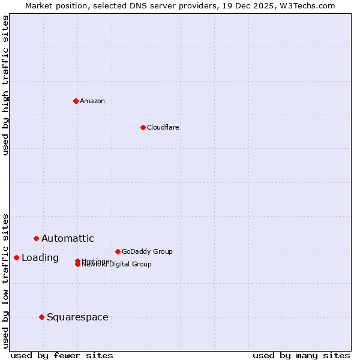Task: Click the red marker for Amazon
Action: (76, 101)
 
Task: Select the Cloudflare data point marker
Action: (143, 127)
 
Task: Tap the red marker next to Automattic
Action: (36, 238)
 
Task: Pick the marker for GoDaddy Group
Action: (118, 251)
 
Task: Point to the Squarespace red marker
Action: (41, 317)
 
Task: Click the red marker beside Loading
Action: (16, 257)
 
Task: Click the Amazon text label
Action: (92, 101)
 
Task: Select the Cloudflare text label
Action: (163, 127)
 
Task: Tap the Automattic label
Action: (68, 238)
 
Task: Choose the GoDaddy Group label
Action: (147, 251)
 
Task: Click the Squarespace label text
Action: (77, 317)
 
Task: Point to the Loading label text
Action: (40, 257)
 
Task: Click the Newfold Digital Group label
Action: (117, 265)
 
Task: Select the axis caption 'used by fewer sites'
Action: (62, 355)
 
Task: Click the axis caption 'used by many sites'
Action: (301, 355)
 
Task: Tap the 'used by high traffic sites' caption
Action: (5, 85)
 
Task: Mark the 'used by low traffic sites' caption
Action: (5, 280)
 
